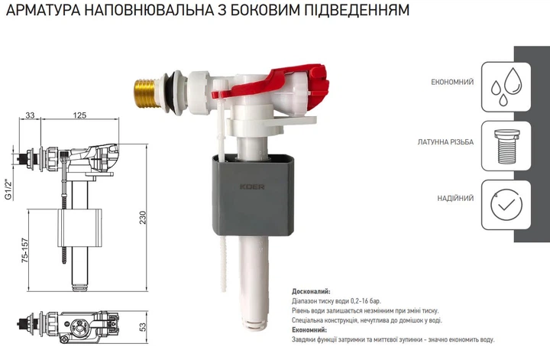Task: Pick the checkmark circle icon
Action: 503,203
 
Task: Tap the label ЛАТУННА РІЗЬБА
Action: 445,143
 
